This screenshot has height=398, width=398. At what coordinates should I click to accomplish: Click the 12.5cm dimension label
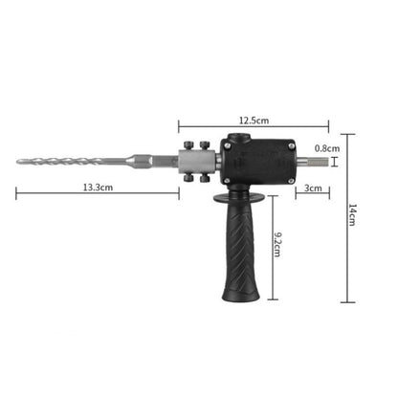253,121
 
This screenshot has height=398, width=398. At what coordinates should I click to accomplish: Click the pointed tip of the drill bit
18,162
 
